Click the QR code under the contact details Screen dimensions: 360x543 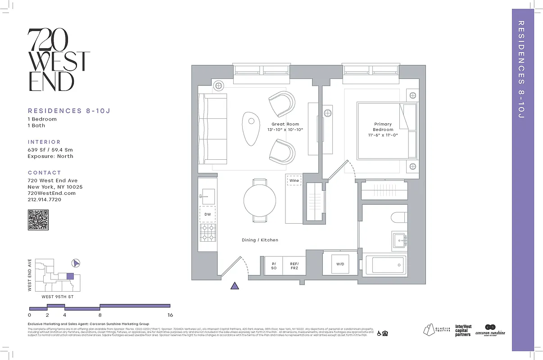(x=38, y=220)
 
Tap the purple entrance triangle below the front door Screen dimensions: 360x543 (x=234, y=286)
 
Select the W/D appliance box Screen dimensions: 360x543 (x=340, y=264)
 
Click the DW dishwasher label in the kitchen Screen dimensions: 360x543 (x=208, y=214)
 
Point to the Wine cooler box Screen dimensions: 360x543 (x=294, y=180)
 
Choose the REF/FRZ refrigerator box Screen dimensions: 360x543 (x=294, y=266)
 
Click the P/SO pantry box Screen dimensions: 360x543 (x=273, y=266)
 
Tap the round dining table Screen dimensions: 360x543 (x=260, y=201)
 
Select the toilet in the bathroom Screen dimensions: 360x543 (x=399, y=218)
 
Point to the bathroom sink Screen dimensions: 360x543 (x=399, y=240)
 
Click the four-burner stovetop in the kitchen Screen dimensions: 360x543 (x=208, y=232)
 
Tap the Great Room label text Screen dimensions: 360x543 (x=285, y=124)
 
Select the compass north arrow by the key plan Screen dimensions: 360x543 (x=76, y=263)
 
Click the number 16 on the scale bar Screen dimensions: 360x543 (x=170, y=315)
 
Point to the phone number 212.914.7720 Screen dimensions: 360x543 (x=45, y=199)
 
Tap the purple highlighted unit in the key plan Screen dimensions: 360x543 (x=70, y=276)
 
